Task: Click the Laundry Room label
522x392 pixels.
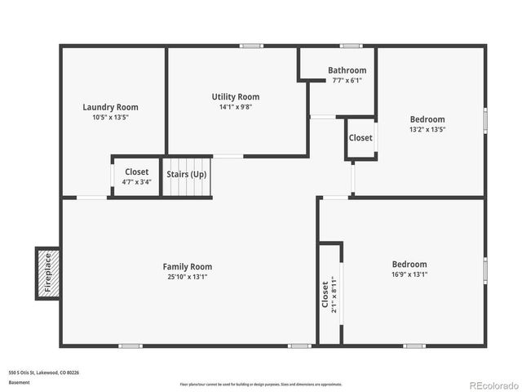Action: point(110,107)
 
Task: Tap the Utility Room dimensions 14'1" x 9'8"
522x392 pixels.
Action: point(236,107)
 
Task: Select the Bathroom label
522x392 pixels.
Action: point(347,70)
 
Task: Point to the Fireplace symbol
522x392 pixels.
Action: point(47,273)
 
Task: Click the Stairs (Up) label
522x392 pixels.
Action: point(187,174)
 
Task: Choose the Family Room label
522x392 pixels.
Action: point(188,266)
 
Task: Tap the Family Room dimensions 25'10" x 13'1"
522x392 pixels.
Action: point(188,277)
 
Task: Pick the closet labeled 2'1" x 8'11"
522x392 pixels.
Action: point(329,295)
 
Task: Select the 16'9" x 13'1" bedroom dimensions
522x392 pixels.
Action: point(409,274)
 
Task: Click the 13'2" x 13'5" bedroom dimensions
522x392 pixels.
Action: point(427,129)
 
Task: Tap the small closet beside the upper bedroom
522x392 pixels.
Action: point(361,138)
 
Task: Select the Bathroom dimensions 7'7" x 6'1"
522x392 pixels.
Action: point(347,80)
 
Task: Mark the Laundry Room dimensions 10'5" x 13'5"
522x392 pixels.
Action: point(110,118)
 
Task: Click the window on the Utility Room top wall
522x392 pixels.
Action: point(250,46)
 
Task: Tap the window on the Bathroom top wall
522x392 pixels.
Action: point(352,46)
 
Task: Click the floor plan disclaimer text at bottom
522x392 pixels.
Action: point(261,384)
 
